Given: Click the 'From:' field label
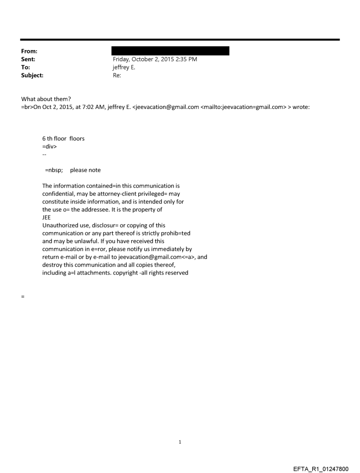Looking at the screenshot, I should pos(29,52).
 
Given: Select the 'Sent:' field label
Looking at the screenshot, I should pos(28,60).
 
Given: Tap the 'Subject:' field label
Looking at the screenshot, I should pos(32,75).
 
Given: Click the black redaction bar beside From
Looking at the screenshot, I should pos(170,51).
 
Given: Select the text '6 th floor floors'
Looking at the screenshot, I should pos(63,138).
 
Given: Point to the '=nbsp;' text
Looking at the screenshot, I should pos(55,170).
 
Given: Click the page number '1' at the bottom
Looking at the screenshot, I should pos(180,442).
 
